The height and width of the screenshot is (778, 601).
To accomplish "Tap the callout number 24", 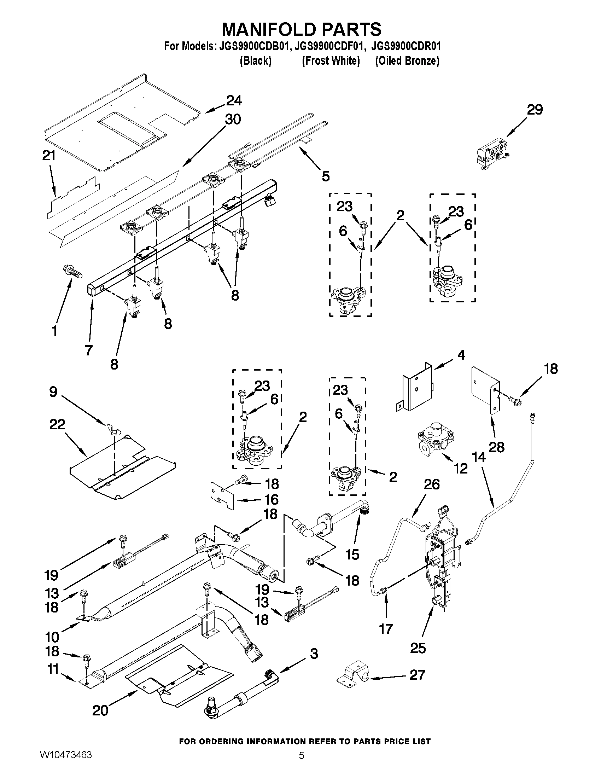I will pos(234,101).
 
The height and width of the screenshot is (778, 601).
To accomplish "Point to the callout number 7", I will pos(89,350).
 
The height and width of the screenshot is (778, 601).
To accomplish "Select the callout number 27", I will pos(417,675).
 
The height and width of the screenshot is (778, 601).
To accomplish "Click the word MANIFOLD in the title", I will pos(269,29).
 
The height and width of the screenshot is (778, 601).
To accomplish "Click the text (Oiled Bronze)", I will pos(407,61).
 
